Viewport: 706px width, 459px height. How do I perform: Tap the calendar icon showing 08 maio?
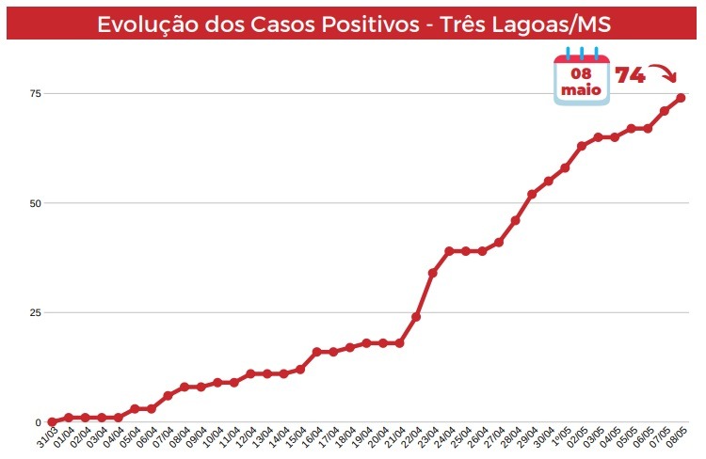coord(581,76)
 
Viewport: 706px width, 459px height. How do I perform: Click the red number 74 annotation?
coord(631,75)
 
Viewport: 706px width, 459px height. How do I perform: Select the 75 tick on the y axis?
coord(35,94)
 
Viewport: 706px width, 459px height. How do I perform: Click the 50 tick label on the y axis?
coord(35,203)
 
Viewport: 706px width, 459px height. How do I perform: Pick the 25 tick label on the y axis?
coord(35,312)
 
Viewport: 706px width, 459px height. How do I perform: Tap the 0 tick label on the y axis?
coord(38,422)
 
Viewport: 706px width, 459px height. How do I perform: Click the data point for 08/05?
coord(681,98)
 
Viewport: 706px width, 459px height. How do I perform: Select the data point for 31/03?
coord(52,422)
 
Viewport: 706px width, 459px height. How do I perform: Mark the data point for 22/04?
coord(416,317)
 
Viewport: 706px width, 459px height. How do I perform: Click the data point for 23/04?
coord(432,273)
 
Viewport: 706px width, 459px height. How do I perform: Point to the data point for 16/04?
coord(316,352)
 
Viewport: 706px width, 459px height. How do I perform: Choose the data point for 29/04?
coord(532,195)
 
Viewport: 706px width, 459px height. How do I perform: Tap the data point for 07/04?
coord(168,396)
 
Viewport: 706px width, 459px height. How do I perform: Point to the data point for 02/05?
coord(581,146)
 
